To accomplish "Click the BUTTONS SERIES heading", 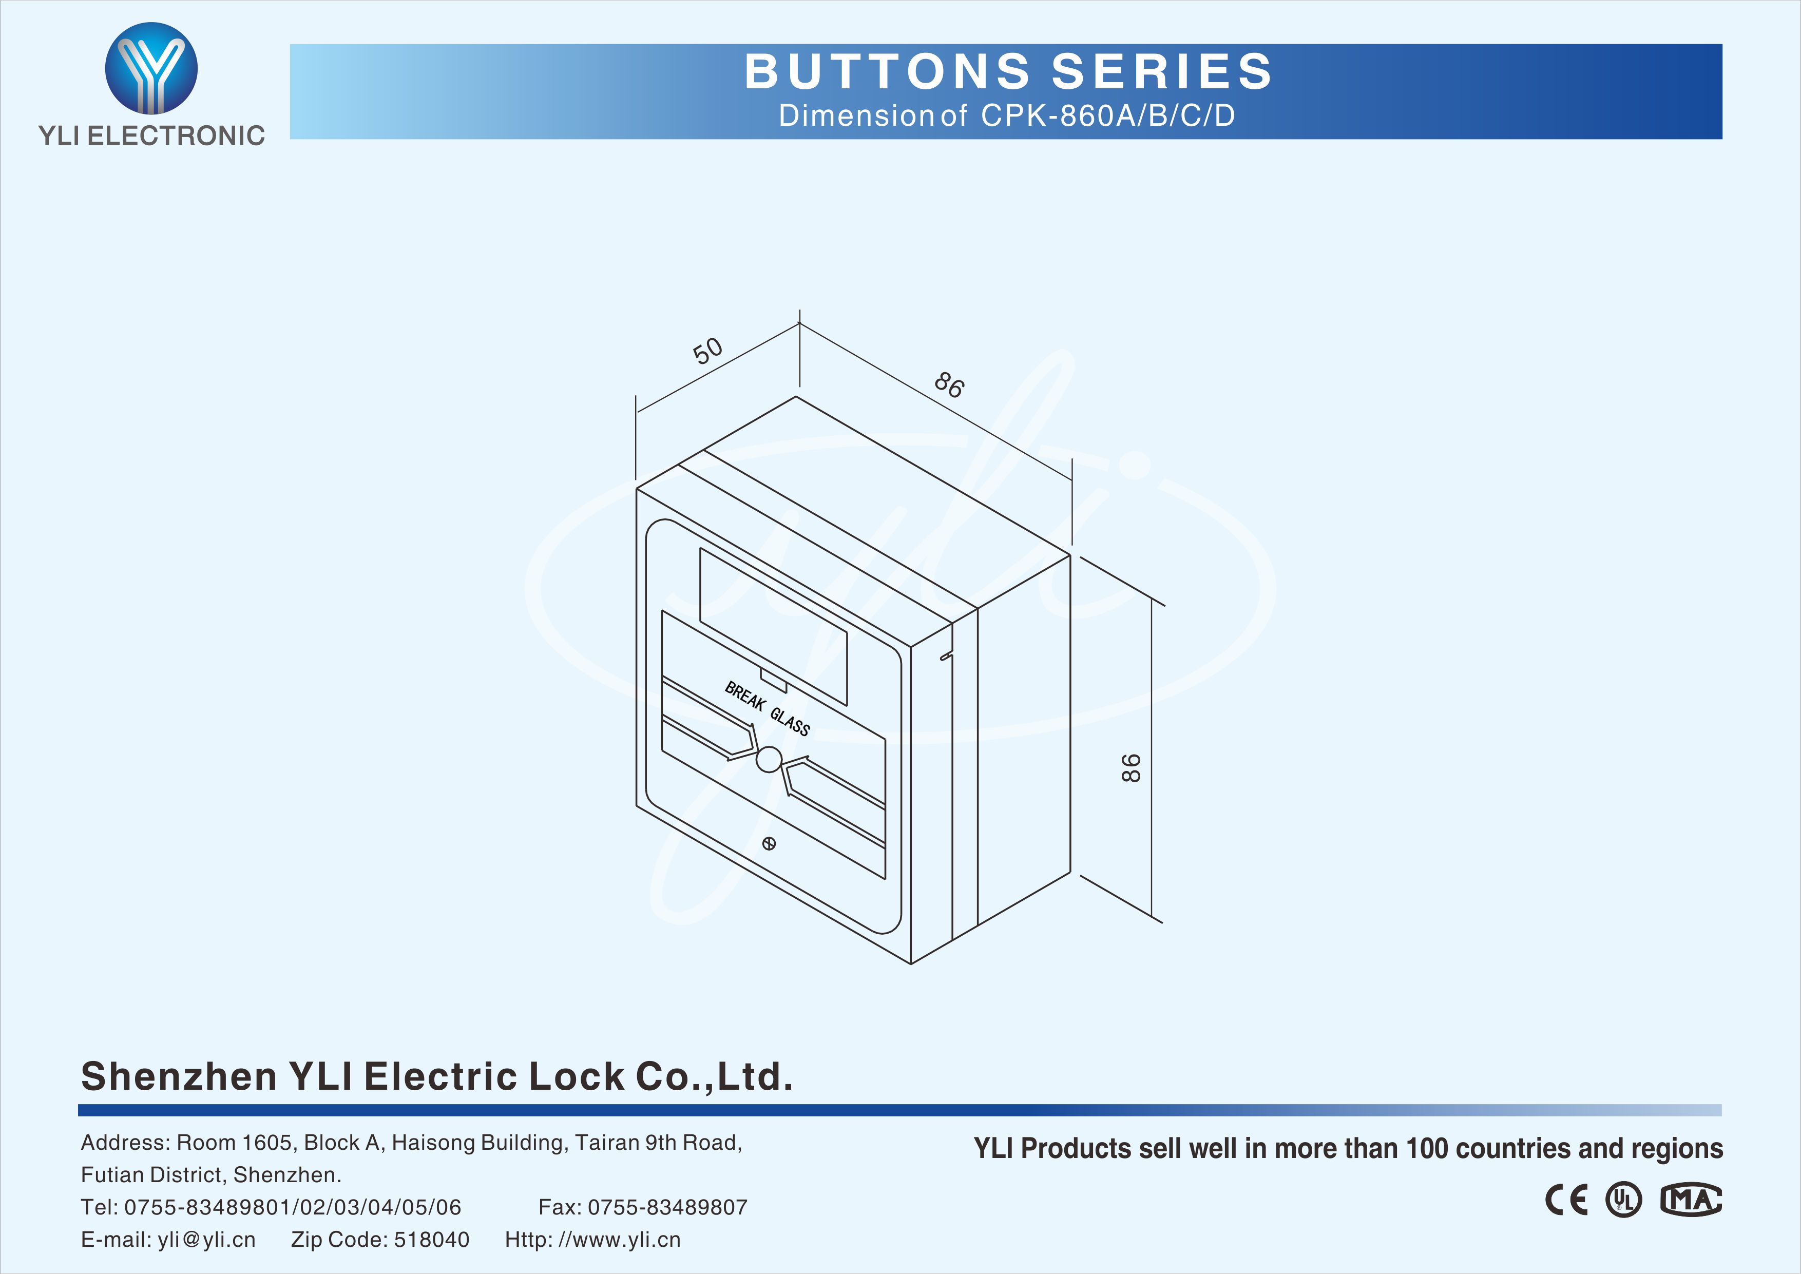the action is pyautogui.click(x=1008, y=71).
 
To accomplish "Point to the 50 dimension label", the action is pyautogui.click(x=707, y=351).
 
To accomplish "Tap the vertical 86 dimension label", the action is pyautogui.click(x=1131, y=767).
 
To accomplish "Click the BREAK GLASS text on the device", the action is pyautogui.click(x=767, y=708).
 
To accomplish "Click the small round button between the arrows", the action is pyautogui.click(x=769, y=759).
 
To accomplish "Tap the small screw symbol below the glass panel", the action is pyautogui.click(x=769, y=844).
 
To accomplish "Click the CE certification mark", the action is pyautogui.click(x=1566, y=1200).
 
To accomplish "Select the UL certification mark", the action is pyautogui.click(x=1623, y=1200).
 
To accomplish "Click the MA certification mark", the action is pyautogui.click(x=1691, y=1200).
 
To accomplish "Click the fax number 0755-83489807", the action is pyautogui.click(x=667, y=1207).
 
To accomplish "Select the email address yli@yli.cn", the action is pyautogui.click(x=206, y=1240).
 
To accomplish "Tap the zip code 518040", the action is pyautogui.click(x=431, y=1240).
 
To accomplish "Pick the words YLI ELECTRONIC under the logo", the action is pyautogui.click(x=151, y=136).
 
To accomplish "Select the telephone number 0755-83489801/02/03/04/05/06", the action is pyautogui.click(x=293, y=1207).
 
